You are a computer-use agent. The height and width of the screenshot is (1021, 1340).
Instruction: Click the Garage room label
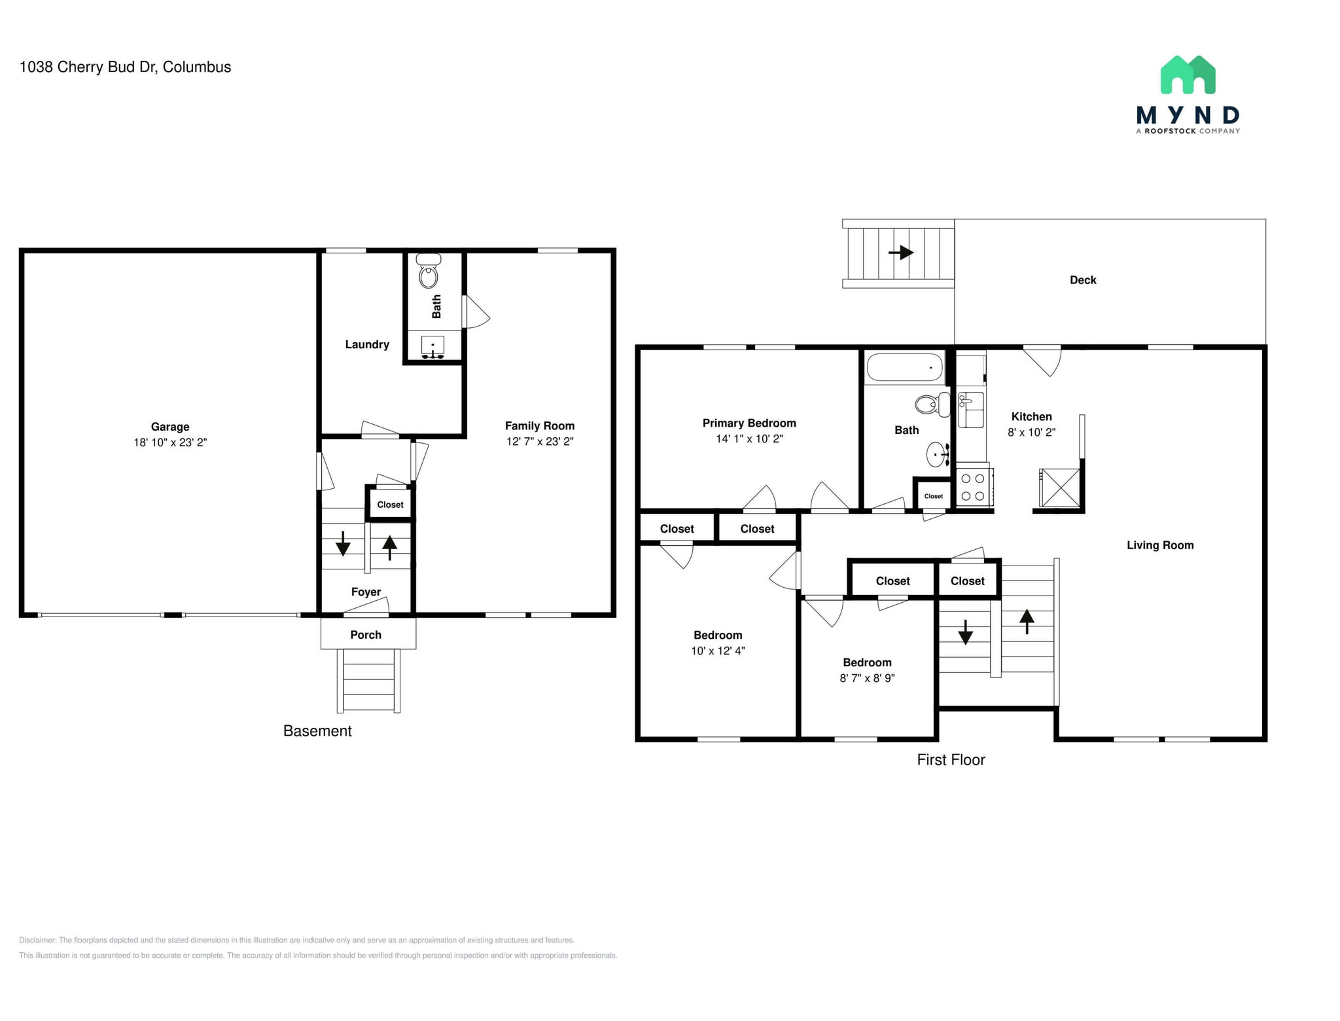[x=170, y=427]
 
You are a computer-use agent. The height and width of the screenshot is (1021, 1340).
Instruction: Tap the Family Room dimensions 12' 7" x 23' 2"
[x=539, y=442]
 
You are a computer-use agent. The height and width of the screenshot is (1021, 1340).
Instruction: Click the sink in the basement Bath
[x=432, y=346]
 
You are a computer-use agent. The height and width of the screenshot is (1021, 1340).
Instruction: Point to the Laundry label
[x=367, y=344]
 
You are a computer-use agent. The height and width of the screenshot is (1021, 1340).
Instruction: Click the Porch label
[x=366, y=635]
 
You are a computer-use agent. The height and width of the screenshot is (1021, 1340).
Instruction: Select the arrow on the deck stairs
[x=901, y=252]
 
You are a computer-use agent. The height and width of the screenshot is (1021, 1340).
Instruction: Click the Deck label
[x=1083, y=280]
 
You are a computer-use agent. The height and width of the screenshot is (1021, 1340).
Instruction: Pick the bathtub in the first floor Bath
[x=904, y=367]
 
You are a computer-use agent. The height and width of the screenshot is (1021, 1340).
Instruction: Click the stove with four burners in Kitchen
[x=973, y=488]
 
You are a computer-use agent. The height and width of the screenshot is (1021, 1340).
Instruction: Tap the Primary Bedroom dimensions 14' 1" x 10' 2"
[x=749, y=439]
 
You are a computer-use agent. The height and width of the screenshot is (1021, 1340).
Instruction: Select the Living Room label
[x=1160, y=545]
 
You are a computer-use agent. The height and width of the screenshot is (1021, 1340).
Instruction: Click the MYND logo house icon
[x=1188, y=75]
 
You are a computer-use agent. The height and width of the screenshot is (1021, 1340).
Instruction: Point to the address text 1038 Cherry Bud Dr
[x=125, y=67]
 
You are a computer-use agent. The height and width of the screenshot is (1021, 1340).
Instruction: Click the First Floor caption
[x=951, y=760]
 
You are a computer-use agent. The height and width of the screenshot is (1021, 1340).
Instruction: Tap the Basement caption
[x=317, y=731]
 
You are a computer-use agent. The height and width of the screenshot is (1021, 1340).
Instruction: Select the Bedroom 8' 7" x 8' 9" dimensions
[x=867, y=679]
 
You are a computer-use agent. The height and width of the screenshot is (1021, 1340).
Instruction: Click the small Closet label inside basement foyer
[x=390, y=505]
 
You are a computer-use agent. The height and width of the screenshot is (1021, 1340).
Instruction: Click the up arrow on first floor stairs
[x=1027, y=621]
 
